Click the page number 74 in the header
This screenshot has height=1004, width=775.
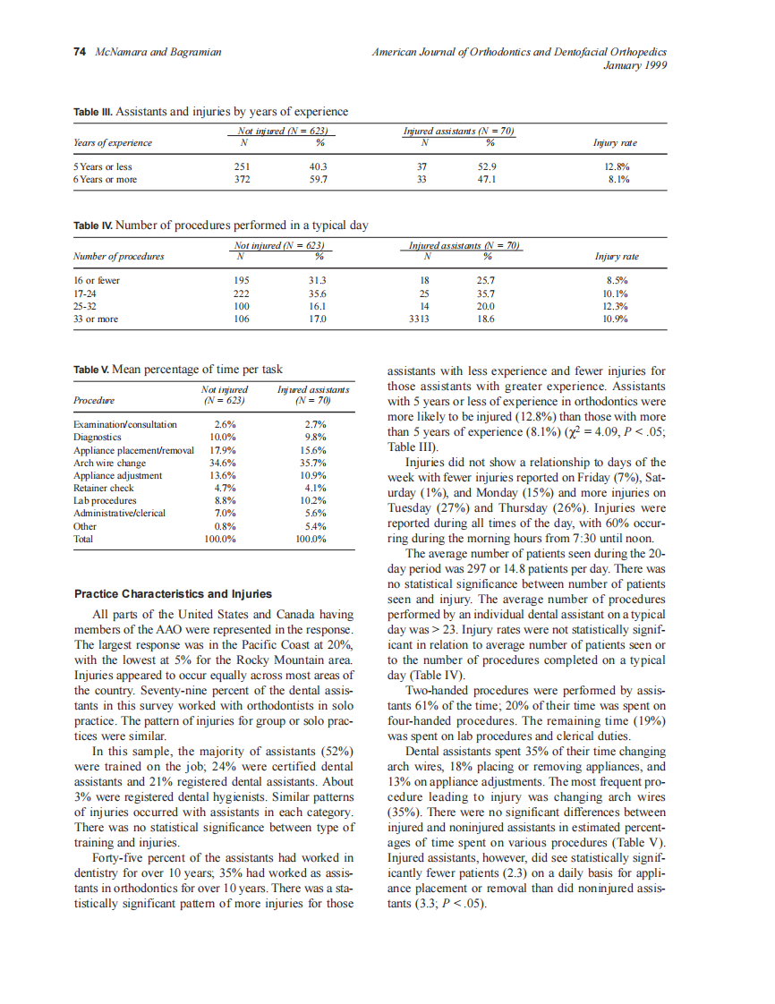coord(79,53)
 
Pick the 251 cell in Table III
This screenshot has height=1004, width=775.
coord(242,166)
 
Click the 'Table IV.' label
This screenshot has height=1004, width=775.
coord(93,225)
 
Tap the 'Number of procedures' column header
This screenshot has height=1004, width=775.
coord(119,257)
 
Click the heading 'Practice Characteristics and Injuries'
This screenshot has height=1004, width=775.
coord(173,593)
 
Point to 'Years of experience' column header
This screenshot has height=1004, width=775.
coord(113,142)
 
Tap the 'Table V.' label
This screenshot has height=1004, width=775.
coord(91,369)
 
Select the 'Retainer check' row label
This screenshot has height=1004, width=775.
coord(104,489)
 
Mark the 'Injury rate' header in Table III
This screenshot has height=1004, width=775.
coord(616,142)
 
